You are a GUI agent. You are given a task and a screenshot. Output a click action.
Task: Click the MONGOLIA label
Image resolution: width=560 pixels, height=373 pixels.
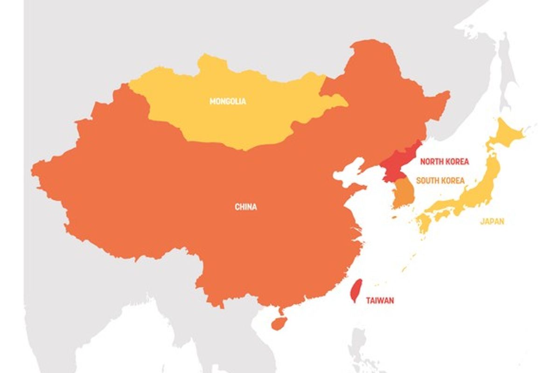pyautogui.click(x=228, y=101)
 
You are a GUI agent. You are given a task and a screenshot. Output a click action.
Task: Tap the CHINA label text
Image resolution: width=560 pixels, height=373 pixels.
pyautogui.click(x=245, y=207)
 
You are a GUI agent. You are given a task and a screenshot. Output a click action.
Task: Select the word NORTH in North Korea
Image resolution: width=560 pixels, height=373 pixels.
pyautogui.click(x=432, y=162)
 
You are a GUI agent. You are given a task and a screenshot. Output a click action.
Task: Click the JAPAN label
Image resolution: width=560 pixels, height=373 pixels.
pyautogui.click(x=492, y=221)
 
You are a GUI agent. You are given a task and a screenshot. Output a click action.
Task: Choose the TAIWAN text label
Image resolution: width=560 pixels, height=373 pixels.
pyautogui.click(x=379, y=301)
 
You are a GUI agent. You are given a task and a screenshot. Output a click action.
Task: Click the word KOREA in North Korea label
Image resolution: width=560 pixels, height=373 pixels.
pyautogui.click(x=457, y=162)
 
